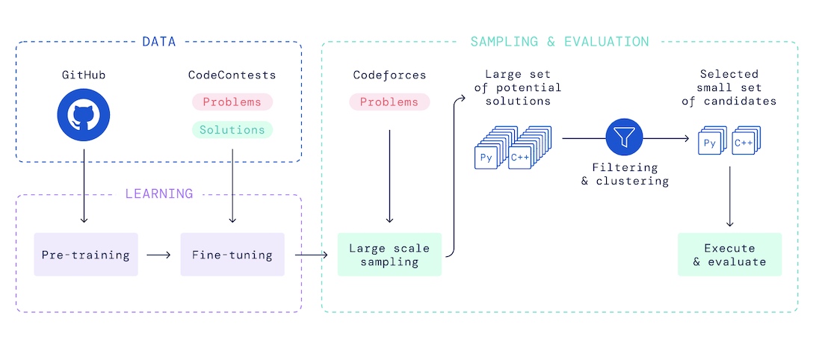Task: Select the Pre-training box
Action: point(86,255)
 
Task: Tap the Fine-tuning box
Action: point(232,255)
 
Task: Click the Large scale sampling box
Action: point(389,255)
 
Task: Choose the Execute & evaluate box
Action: point(729,255)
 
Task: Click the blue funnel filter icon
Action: point(624,138)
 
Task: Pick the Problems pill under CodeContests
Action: point(232,102)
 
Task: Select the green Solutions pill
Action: point(232,129)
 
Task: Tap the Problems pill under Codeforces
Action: point(389,102)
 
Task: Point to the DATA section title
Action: point(158,42)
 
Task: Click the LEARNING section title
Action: point(158,194)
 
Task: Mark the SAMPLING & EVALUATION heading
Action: point(560,42)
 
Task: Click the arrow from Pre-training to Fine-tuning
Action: point(158,255)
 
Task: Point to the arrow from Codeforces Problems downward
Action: point(389,176)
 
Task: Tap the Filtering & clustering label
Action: point(624,174)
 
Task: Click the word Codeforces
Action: point(389,75)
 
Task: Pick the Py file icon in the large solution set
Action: point(486,158)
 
